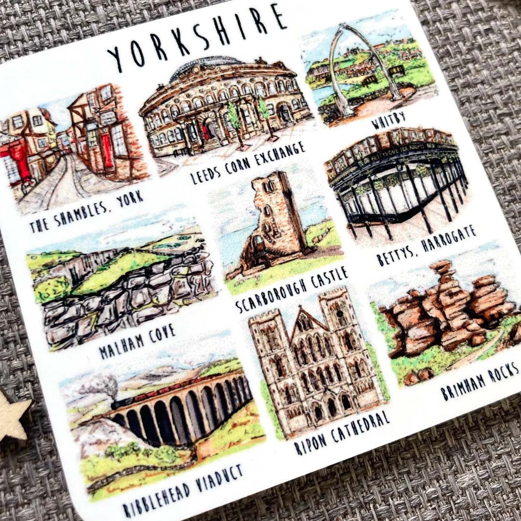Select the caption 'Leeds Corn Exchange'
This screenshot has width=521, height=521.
pyautogui.click(x=248, y=163)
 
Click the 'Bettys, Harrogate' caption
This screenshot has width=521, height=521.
pyautogui.click(x=426, y=246)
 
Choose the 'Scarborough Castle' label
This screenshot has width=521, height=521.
pyautogui.click(x=292, y=289)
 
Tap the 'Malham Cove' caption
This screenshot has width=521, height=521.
pyautogui.click(x=137, y=341)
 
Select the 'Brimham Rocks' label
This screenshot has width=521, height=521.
pyautogui.click(x=480, y=381)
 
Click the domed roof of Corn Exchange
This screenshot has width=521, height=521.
pyautogui.click(x=227, y=68)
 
